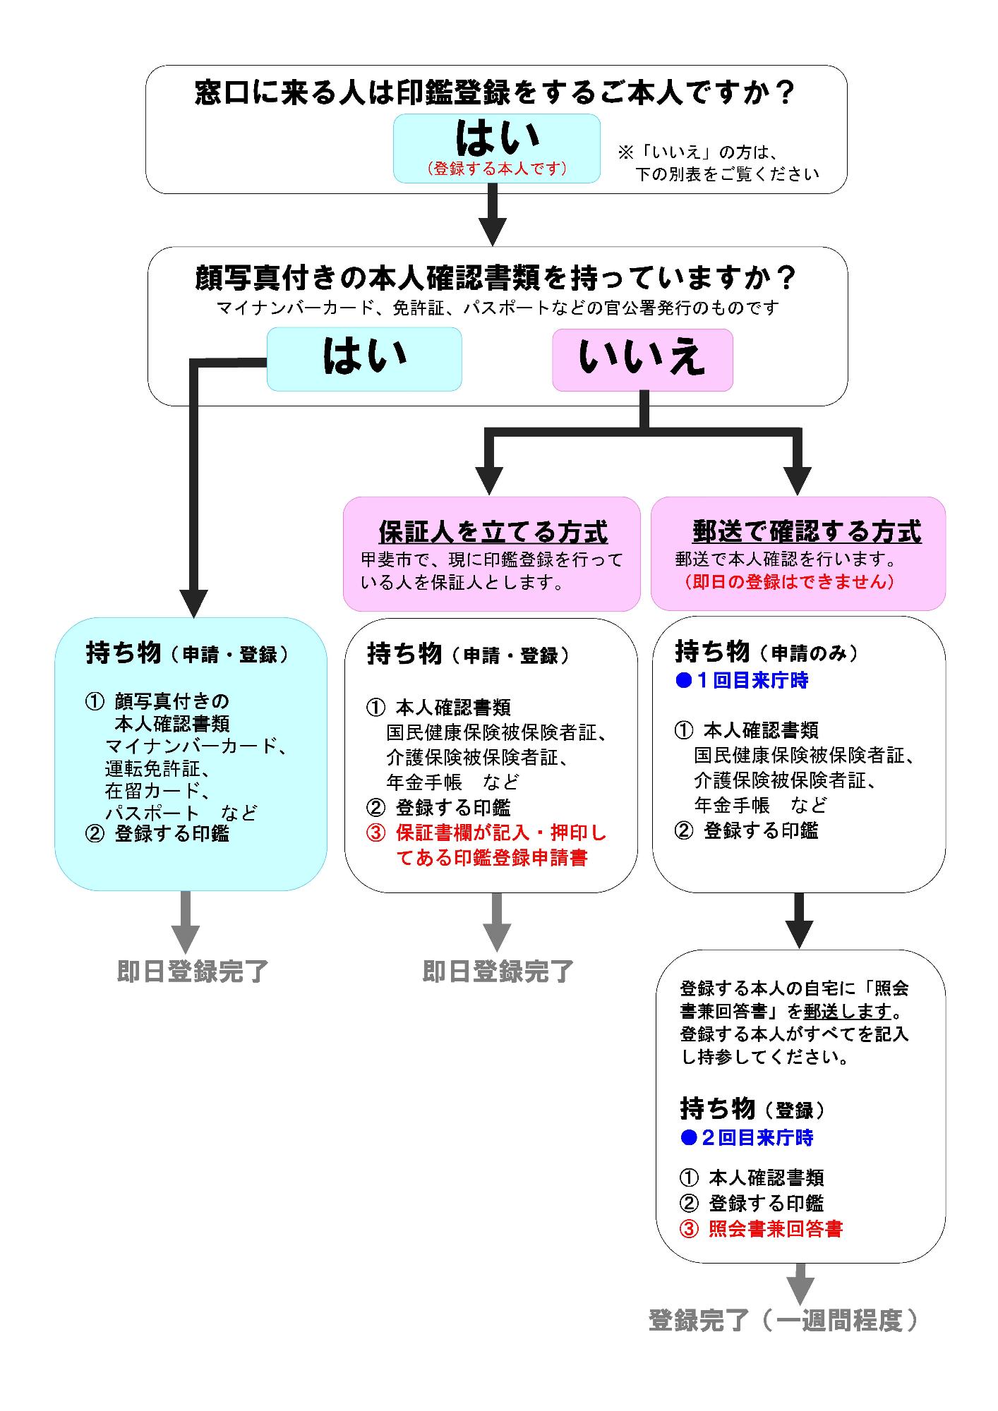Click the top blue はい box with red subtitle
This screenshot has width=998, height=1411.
pyautogui.click(x=496, y=148)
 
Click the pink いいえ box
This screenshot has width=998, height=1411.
pyautogui.click(x=642, y=360)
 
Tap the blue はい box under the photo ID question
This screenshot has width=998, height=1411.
pyautogui.click(x=364, y=358)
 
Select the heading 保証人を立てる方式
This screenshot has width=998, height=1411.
pyautogui.click(x=493, y=531)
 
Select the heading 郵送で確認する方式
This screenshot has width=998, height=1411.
pyautogui.click(x=807, y=531)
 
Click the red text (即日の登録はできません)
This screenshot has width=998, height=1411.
pyautogui.click(x=788, y=582)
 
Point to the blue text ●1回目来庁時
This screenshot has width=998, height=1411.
pyautogui.click(x=742, y=681)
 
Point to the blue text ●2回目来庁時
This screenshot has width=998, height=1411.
pyautogui.click(x=747, y=1137)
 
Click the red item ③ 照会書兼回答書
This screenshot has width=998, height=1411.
pyautogui.click(x=761, y=1228)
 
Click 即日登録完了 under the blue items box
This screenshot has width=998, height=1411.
pyautogui.click(x=193, y=971)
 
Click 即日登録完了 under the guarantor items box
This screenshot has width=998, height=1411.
pyautogui.click(x=498, y=971)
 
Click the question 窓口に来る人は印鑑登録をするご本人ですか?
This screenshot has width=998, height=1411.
pyautogui.click(x=495, y=92)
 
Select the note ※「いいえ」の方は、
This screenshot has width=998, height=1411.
pyautogui.click(x=697, y=152)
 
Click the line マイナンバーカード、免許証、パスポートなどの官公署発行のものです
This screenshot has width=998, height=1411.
pyautogui.click(x=497, y=308)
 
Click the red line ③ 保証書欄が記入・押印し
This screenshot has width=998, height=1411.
pyautogui.click(x=486, y=832)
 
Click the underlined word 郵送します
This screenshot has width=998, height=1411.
pyautogui.click(x=847, y=1011)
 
